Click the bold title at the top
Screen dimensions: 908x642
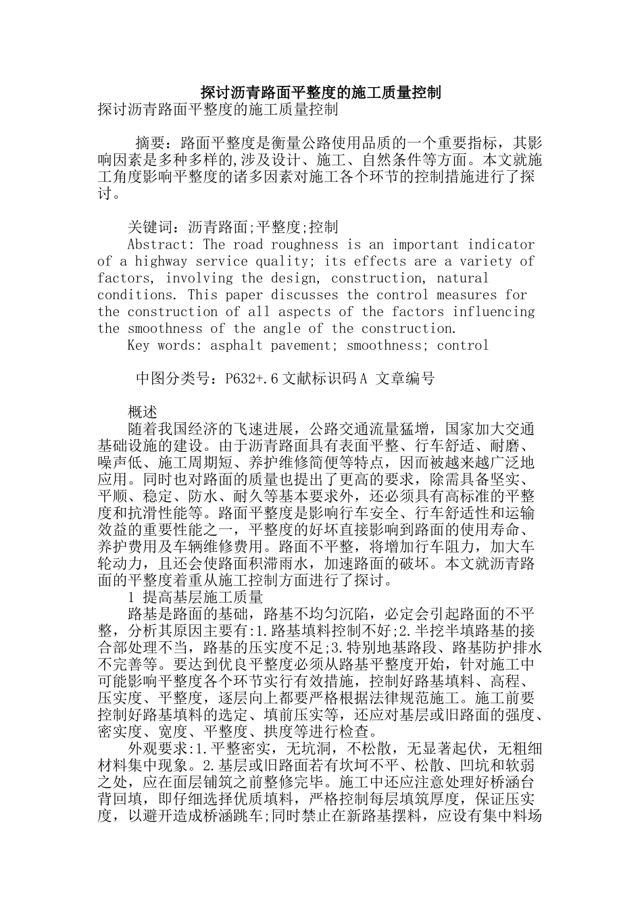click(321, 93)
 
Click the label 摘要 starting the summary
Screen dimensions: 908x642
click(150, 143)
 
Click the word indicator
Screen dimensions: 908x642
click(501, 245)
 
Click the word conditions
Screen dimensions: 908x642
click(134, 295)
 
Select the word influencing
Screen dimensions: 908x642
click(493, 311)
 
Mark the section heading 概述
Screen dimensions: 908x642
click(142, 412)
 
